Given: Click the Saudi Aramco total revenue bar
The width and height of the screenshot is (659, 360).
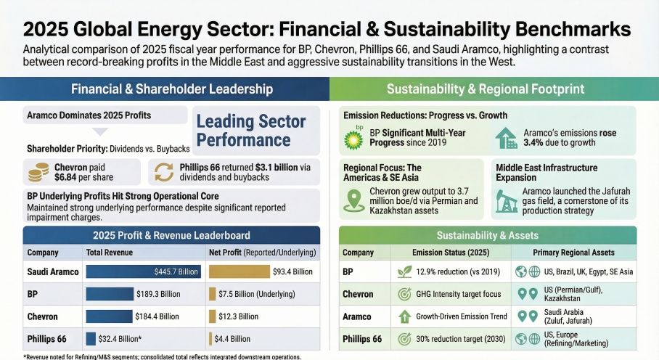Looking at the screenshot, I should click(143, 271).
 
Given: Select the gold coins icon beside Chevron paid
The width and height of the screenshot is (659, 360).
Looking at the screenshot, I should click(38, 171).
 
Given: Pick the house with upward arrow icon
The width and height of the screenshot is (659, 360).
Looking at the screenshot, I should click(506, 138).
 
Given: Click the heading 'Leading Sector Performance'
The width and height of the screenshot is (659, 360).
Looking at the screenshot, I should click(251, 131).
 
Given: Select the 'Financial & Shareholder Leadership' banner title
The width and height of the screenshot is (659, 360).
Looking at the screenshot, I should click(172, 89).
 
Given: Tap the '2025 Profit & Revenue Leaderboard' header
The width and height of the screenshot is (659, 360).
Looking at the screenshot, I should click(172, 234).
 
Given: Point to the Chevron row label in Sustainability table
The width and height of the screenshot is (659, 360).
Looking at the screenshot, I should click(357, 294).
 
